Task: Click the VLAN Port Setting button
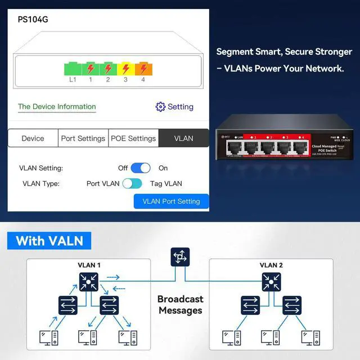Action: [171, 201]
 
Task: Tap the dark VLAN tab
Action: [183, 138]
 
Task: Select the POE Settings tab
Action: [133, 138]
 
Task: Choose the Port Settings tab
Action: [83, 138]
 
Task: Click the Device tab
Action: [33, 138]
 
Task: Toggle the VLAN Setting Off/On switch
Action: [141, 168]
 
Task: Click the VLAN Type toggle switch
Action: [132, 183]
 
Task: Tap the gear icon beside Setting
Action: [160, 107]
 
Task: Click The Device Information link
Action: [57, 106]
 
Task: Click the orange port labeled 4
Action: [143, 69]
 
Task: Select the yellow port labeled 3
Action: [125, 69]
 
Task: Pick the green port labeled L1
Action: [73, 69]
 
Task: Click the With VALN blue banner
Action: [49, 241]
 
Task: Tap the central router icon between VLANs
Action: [180, 258]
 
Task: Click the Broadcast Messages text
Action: [180, 305]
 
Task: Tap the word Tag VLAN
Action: [166, 183]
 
